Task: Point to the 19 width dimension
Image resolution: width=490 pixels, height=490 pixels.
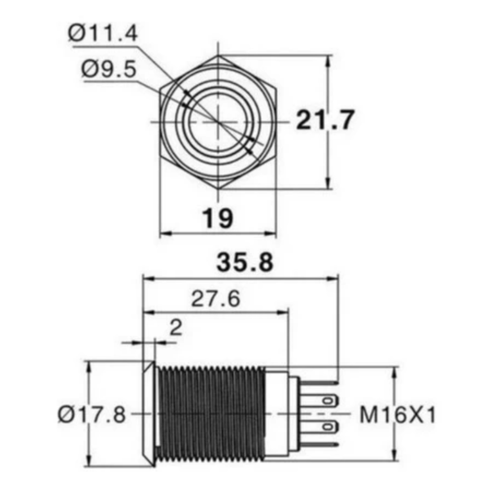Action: coord(218,218)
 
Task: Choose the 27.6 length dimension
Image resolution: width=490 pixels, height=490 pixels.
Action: coord(216,299)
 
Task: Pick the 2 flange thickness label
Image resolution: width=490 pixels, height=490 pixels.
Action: coord(176,328)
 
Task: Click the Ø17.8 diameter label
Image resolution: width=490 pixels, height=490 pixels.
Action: coord(92,415)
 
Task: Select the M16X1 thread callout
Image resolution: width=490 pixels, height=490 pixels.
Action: coord(398,415)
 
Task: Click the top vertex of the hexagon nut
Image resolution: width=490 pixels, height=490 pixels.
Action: coord(218,56)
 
